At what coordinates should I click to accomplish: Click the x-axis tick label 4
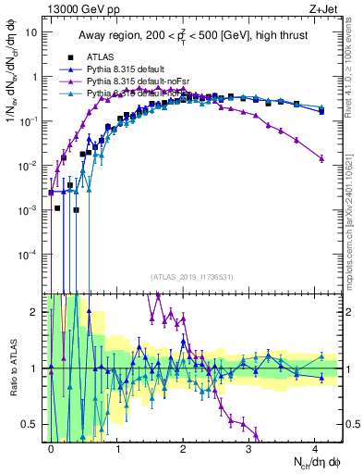click(x=314, y=447)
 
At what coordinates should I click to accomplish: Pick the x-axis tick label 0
click(x=52, y=447)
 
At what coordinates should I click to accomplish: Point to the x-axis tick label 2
click(x=183, y=447)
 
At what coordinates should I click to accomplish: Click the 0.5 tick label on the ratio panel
click(x=30, y=425)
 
